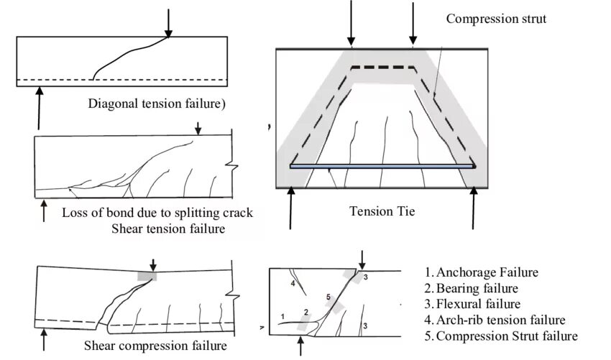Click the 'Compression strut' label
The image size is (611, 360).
[x=496, y=19]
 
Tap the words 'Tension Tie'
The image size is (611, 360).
[x=382, y=211]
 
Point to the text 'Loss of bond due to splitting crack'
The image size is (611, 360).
[x=158, y=213]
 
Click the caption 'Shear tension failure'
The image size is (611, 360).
[x=169, y=229]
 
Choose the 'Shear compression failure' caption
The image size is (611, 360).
[x=155, y=346]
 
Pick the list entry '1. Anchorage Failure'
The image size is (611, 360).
[x=482, y=273]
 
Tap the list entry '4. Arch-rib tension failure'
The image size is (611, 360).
[x=495, y=320]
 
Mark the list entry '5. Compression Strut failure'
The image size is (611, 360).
[x=500, y=336]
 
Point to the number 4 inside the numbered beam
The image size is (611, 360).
[x=293, y=284]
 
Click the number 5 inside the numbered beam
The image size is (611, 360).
[x=328, y=296]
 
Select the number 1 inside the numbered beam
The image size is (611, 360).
[x=282, y=315]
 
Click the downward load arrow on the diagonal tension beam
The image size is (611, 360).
[x=168, y=23]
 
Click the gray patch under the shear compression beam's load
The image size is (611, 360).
[x=147, y=275]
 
